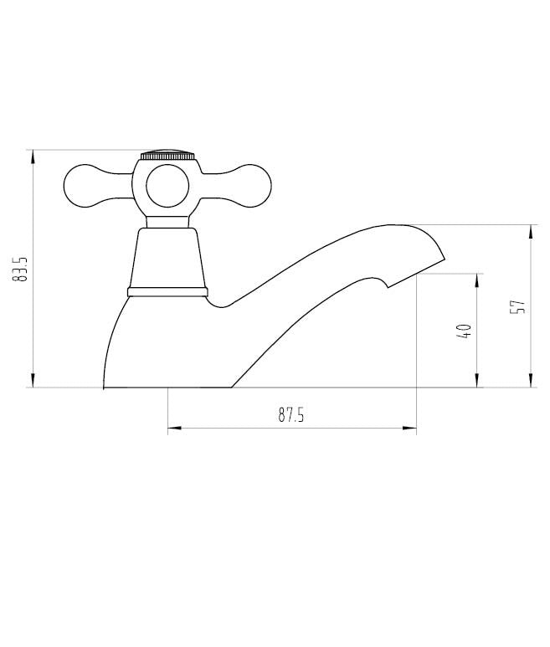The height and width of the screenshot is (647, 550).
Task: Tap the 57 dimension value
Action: coord(519,306)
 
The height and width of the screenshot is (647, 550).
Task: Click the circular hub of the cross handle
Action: coord(167,187)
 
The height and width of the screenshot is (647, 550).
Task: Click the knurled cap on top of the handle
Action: coord(167,156)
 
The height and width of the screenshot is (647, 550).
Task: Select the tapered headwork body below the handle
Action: coord(167,258)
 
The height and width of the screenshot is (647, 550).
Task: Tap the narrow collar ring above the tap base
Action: coord(167,292)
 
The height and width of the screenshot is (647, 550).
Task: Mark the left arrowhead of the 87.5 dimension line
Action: coord(172,429)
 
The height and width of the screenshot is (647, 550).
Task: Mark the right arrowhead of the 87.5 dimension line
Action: coord(411,429)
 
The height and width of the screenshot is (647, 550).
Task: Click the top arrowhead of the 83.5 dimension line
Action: coord(33,155)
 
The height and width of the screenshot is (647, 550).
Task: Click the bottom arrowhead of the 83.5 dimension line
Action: coord(33,383)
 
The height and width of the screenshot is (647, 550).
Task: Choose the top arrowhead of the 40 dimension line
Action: coord(477,279)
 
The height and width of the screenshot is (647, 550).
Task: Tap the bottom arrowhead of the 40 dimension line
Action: coord(477,383)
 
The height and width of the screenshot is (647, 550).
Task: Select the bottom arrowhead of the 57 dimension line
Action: coord(531,383)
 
